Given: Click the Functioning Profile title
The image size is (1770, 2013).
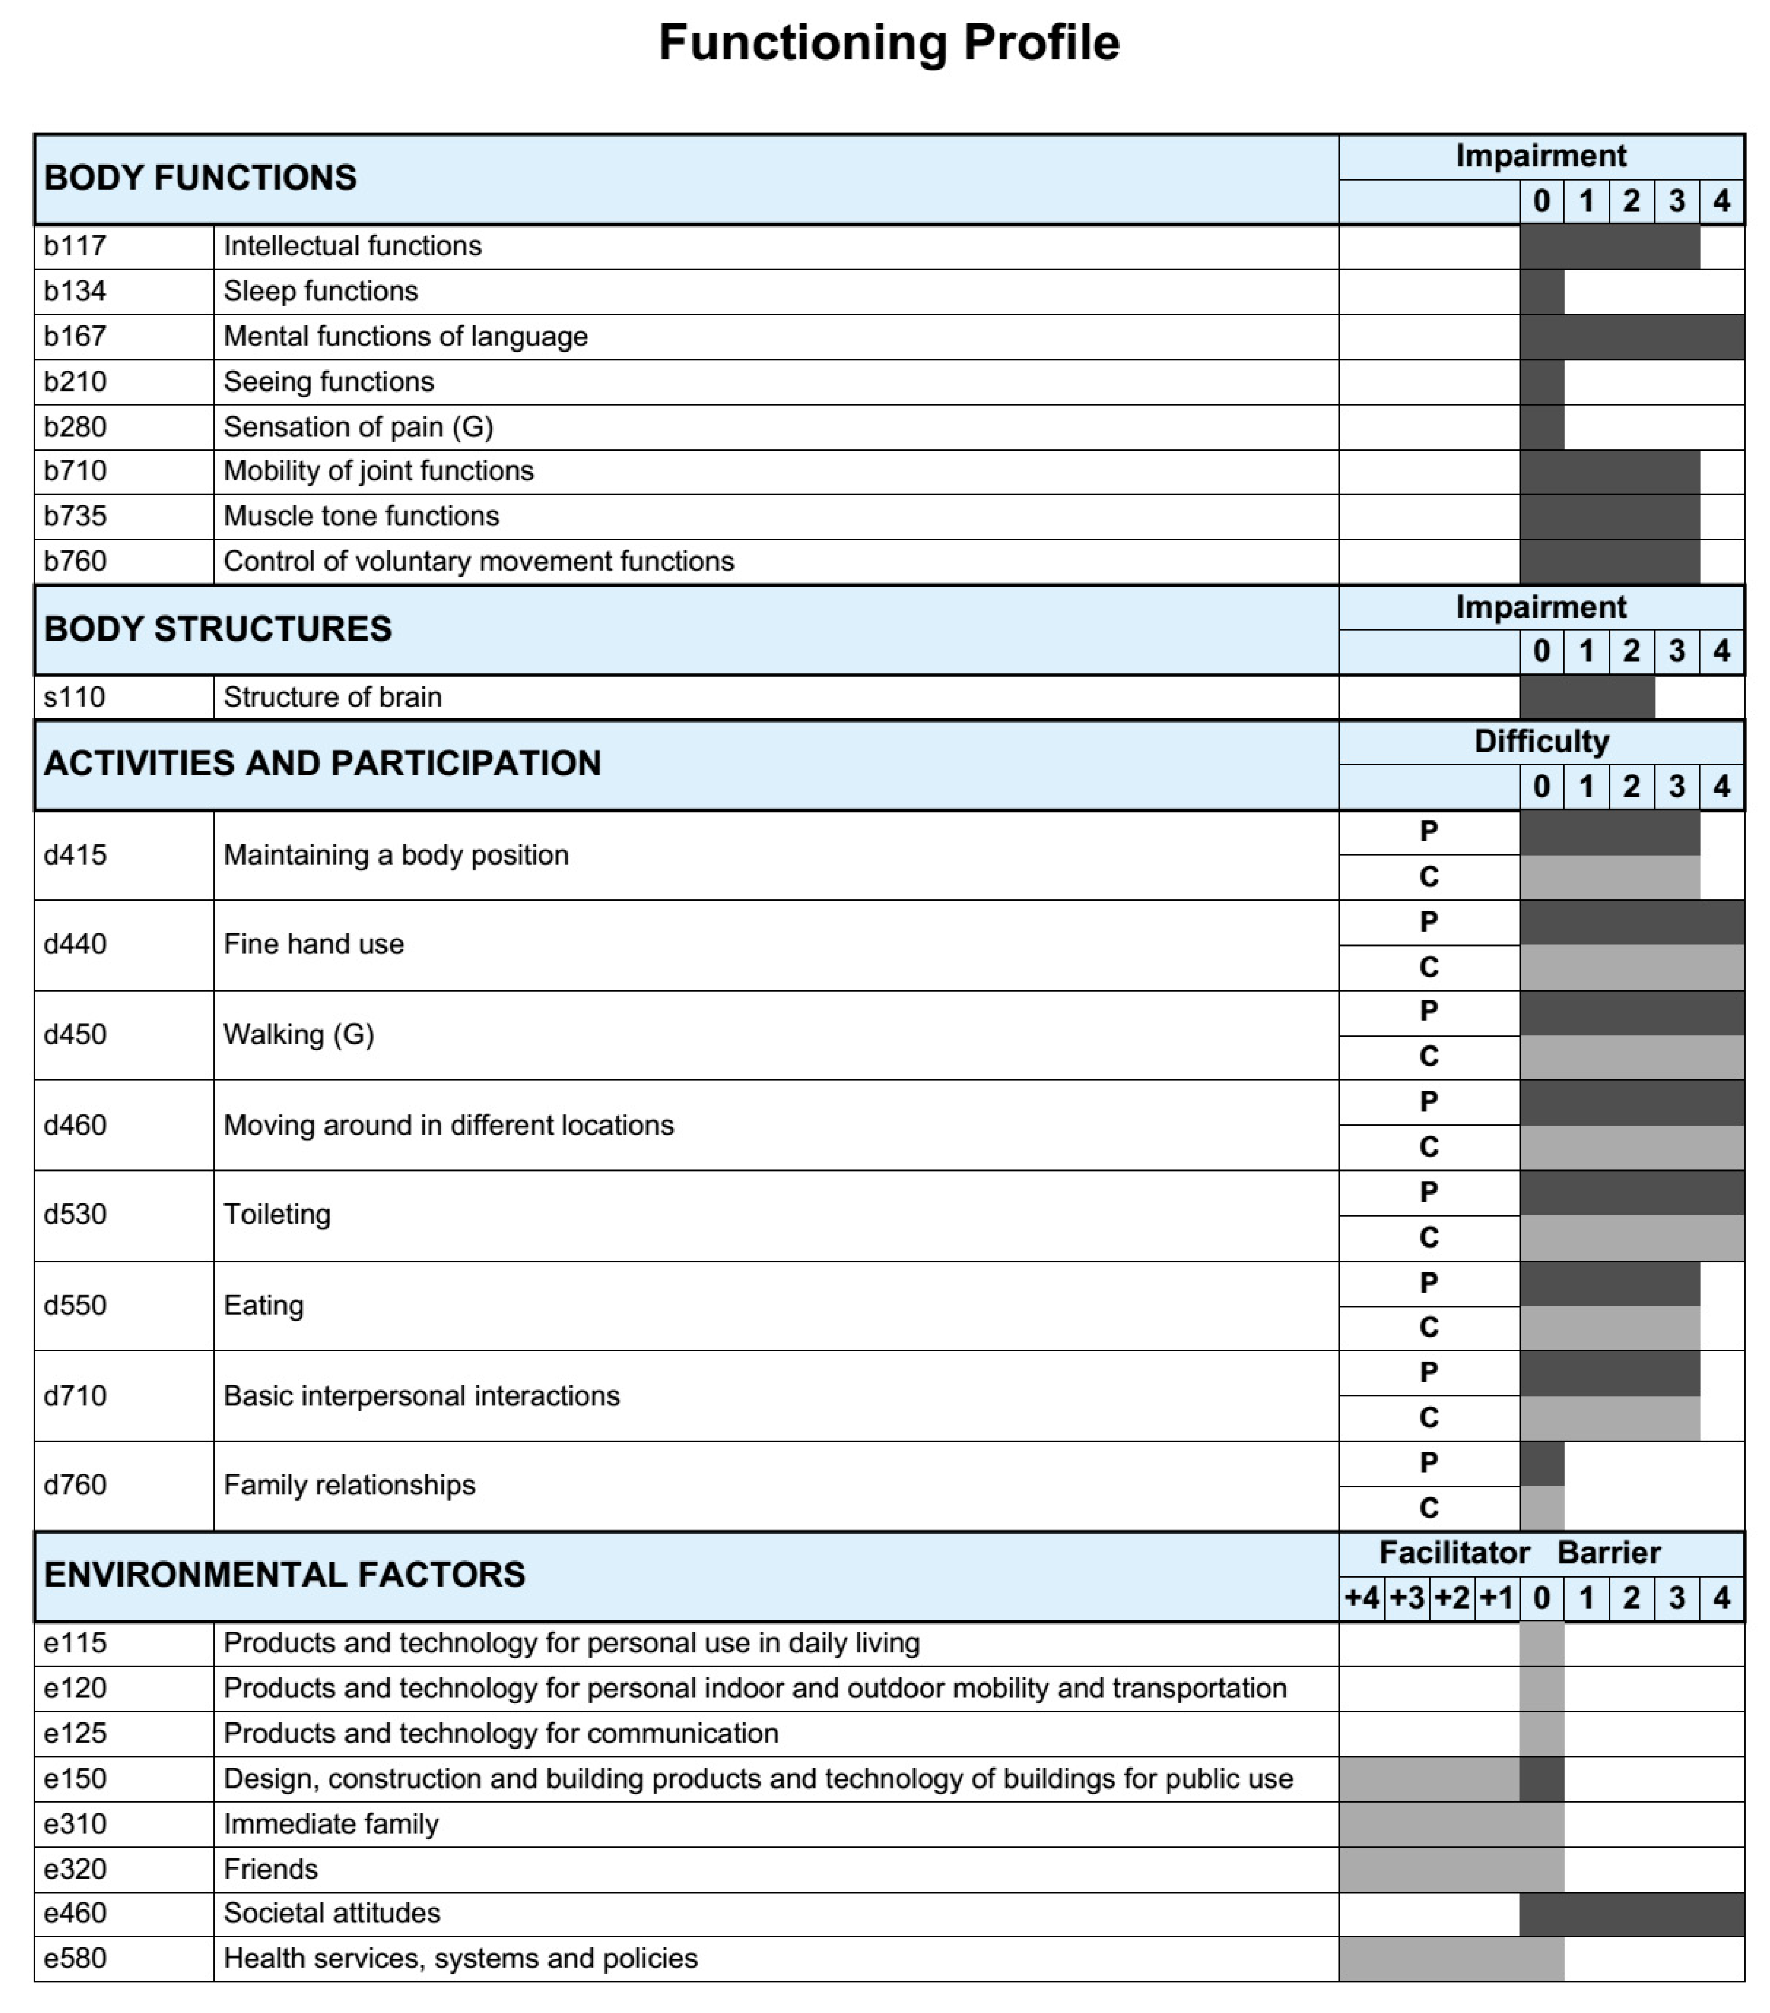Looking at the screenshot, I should pyautogui.click(x=888, y=44).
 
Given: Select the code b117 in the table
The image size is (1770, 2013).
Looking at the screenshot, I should pyautogui.click(x=75, y=246).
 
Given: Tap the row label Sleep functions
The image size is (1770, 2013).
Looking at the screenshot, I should pyautogui.click(x=320, y=292).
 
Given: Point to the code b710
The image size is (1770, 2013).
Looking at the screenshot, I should pyautogui.click(x=75, y=471).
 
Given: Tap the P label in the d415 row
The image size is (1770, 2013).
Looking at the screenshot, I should pyautogui.click(x=1428, y=832).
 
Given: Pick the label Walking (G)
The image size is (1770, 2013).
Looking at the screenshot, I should pyautogui.click(x=298, y=1035).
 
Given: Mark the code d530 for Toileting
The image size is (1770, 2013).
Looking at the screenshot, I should pyautogui.click(x=75, y=1214).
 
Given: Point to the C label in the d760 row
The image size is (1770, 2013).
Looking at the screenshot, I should pyautogui.click(x=1428, y=1508).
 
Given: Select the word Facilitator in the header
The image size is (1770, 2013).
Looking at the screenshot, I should pyautogui.click(x=1454, y=1553).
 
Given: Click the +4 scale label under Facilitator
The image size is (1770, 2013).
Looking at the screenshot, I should pyautogui.click(x=1361, y=1597).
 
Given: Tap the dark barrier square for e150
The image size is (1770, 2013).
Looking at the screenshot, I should pyautogui.click(x=1541, y=1779).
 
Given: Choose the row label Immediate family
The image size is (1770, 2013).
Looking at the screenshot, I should pyautogui.click(x=331, y=1824).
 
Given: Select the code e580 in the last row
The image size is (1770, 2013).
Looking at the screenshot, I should pyautogui.click(x=75, y=1959).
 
